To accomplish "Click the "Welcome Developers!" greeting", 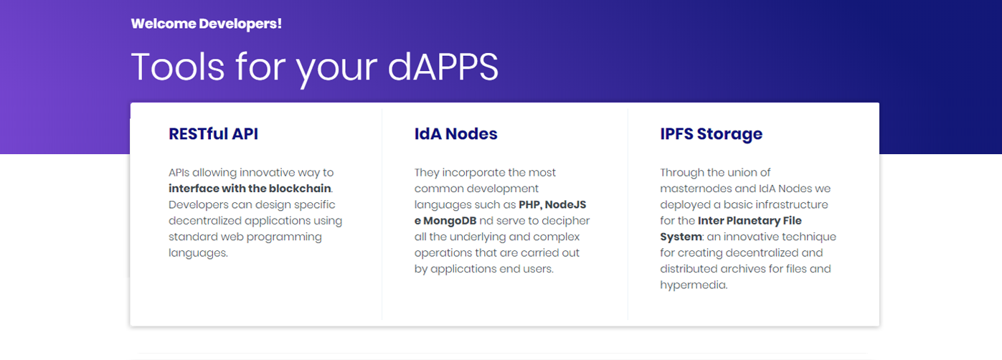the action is click(207, 24).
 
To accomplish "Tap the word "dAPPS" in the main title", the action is click(443, 67).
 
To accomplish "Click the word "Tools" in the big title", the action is click(178, 67).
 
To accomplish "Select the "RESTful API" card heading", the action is click(213, 133).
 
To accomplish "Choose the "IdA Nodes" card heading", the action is click(456, 133).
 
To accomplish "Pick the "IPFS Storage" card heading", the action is click(712, 134).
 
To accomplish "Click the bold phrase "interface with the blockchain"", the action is click(250, 189).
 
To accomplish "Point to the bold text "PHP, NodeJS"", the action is click(552, 204).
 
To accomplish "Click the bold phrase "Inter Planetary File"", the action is click(750, 220).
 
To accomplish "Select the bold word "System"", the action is click(681, 237).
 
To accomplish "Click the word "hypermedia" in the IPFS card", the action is click(693, 285).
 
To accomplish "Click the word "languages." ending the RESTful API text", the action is click(198, 253).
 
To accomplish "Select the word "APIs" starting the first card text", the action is click(179, 173).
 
